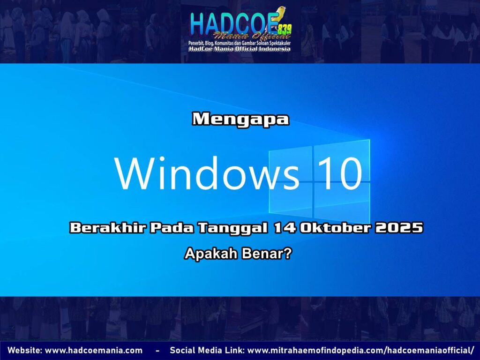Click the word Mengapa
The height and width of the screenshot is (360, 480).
tap(240, 119)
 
